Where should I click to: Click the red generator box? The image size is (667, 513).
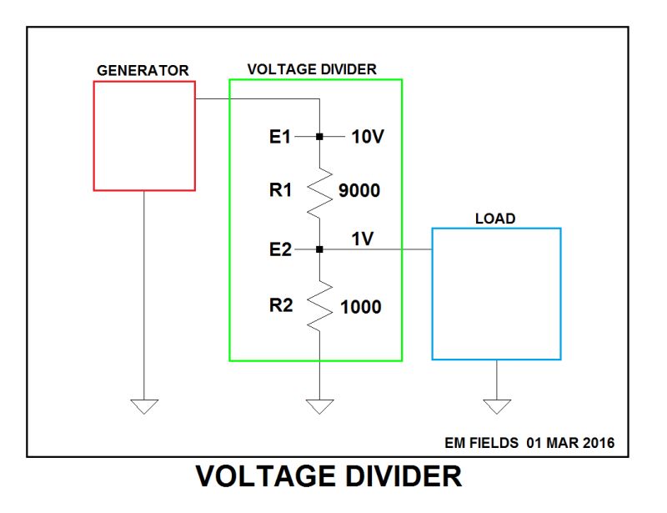point(144,136)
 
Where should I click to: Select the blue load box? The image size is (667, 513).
point(496,294)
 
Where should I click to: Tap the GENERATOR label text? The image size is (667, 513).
point(143,70)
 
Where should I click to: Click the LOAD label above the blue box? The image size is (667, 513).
point(495,219)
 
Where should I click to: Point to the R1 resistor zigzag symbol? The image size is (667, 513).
point(319,192)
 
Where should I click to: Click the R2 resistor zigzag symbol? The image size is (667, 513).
point(319,306)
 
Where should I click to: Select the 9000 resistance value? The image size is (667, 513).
point(359,192)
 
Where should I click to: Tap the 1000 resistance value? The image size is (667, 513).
point(360,307)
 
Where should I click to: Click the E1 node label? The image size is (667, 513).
point(280,136)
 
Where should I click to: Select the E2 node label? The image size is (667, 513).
point(280,249)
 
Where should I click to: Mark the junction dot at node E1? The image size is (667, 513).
point(319,136)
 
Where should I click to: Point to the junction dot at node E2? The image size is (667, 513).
point(319,249)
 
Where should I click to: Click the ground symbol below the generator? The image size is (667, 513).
point(144,406)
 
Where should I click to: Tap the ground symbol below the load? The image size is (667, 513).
point(497,406)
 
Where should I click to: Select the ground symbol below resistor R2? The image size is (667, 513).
point(319,406)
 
